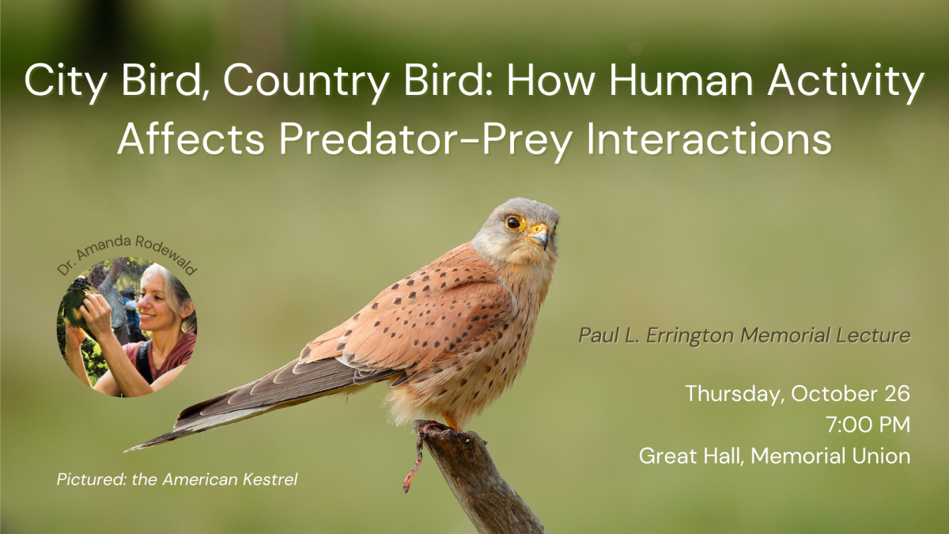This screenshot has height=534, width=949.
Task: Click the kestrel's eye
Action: (513, 222)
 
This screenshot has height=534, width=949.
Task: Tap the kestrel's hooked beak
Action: (541, 236)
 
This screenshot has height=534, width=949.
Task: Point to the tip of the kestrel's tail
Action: (127, 450)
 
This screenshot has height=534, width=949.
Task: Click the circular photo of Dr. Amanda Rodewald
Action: (127, 327)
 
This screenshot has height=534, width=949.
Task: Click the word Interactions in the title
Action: (709, 139)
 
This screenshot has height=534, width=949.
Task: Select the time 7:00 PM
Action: (868, 425)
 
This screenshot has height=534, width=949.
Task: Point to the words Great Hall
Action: (690, 456)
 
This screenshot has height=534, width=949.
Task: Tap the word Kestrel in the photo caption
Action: (270, 479)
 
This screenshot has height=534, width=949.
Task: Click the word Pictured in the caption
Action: (92, 479)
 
